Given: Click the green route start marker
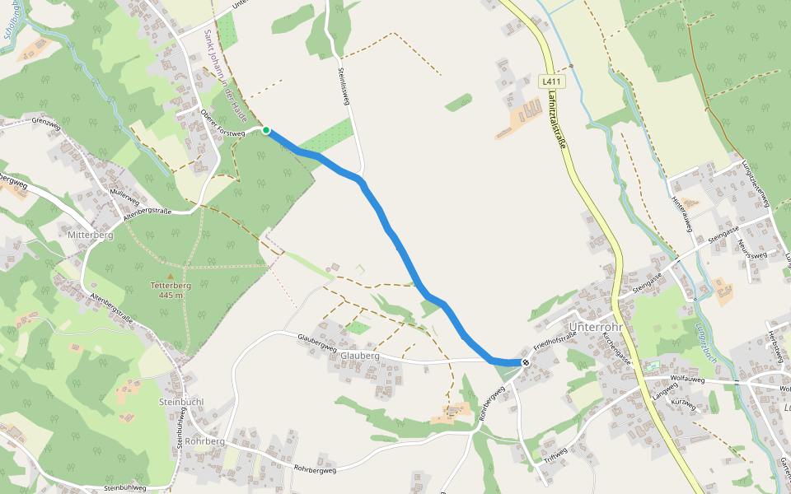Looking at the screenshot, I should pos(266,130).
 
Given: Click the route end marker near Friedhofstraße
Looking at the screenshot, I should pos(526,362).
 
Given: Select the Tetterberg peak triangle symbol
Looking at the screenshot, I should pos(171,277).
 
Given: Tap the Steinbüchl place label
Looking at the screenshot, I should pos(180,402).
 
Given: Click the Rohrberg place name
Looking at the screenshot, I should pos(205,440).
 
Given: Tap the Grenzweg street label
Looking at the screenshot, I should pos(47,122).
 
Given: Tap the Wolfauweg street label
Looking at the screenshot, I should pos(690,379).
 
